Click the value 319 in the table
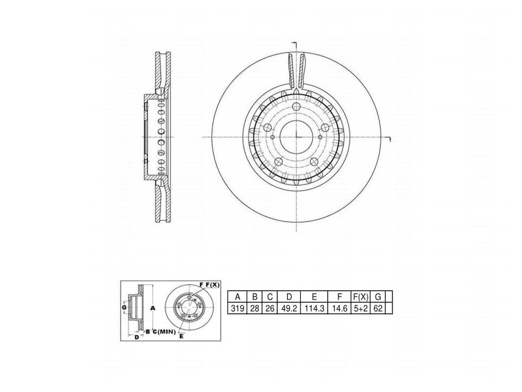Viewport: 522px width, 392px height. tap(238, 308)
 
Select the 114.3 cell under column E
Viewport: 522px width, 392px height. tap(314, 308)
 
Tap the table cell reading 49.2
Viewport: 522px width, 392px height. tap(289, 308)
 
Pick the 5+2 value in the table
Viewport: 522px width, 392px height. tap(361, 308)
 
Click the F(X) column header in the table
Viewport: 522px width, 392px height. tap(361, 297)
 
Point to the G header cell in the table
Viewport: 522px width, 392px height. tap(378, 297)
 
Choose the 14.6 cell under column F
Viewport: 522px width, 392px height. tap(339, 308)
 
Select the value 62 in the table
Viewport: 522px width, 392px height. tap(378, 308)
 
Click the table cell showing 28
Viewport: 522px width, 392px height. tap(254, 308)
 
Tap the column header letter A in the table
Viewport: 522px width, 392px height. tap(238, 297)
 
